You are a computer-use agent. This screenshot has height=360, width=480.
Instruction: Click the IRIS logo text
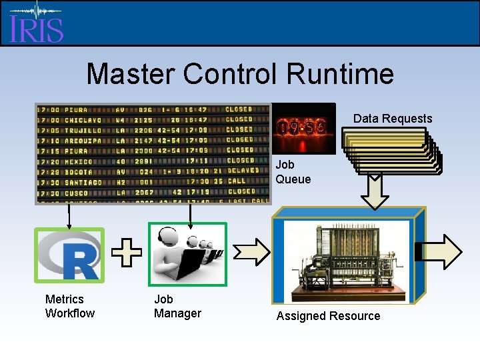click(x=37, y=29)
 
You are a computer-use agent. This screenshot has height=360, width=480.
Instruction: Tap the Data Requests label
click(x=393, y=119)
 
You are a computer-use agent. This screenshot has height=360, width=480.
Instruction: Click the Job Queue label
click(x=293, y=171)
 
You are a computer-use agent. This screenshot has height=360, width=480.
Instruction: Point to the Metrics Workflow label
click(x=69, y=306)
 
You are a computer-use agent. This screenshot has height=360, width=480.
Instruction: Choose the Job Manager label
click(x=177, y=306)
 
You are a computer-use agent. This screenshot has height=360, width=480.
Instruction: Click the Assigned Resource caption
click(x=328, y=316)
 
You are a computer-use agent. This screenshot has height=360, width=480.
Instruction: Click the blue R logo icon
click(x=69, y=255)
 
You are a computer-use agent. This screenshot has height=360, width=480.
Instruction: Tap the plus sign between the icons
click(x=126, y=254)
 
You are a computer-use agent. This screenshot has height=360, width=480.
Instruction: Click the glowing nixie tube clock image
click(x=305, y=127)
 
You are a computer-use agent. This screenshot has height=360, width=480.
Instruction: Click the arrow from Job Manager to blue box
click(x=251, y=251)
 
